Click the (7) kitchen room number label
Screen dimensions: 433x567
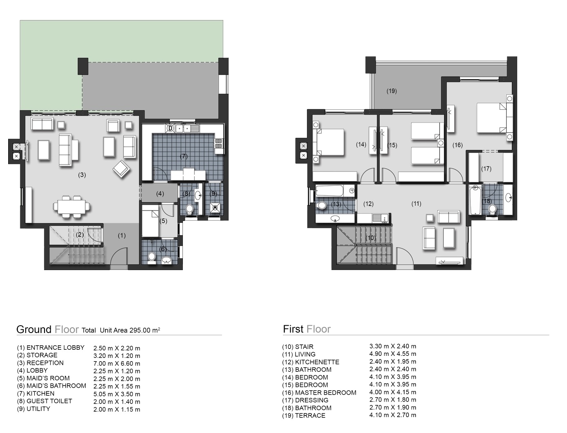(184, 156)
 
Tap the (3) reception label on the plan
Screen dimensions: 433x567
(82, 175)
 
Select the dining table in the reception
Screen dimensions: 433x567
(72, 207)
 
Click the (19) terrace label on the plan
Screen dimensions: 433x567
(391, 91)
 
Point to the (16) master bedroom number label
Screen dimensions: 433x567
(458, 145)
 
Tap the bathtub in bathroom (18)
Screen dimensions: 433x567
(475, 200)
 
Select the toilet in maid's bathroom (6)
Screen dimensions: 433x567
(151, 257)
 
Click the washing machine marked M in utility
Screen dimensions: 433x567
(215, 208)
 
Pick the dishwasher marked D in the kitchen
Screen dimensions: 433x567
(171, 129)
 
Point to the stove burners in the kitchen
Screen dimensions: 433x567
(218, 143)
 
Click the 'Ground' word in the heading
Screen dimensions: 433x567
(34, 329)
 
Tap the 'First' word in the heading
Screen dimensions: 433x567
(293, 329)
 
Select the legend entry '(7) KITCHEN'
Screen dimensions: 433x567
(36, 394)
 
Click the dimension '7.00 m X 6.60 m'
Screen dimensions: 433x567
(117, 364)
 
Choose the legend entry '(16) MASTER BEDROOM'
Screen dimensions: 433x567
(319, 393)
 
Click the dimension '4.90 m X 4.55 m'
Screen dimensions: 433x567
(393, 354)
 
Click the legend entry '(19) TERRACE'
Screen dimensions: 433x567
(304, 415)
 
